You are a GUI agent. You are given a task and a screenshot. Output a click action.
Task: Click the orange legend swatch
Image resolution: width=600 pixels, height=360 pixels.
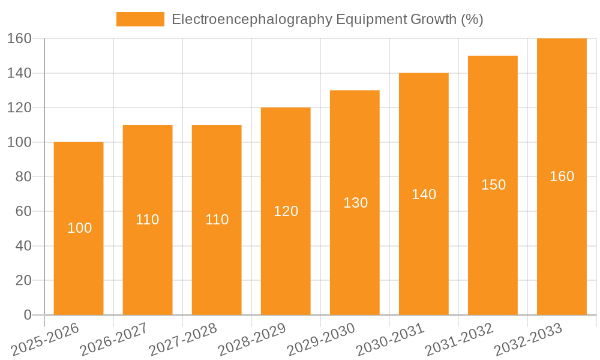click(x=140, y=19)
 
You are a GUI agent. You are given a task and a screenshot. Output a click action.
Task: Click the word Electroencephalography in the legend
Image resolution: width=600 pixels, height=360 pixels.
click(x=251, y=19)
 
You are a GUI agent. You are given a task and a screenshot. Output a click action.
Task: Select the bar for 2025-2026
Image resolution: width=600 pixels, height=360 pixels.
click(x=79, y=264)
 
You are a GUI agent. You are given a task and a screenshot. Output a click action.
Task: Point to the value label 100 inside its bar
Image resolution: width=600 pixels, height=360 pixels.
click(x=79, y=228)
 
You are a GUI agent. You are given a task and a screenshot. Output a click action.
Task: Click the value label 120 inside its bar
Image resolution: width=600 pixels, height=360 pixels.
click(x=286, y=211)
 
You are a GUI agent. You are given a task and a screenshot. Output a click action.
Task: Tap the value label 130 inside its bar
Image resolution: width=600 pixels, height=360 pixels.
click(x=355, y=203)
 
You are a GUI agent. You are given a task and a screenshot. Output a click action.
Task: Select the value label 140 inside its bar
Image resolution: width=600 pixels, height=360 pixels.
click(x=424, y=194)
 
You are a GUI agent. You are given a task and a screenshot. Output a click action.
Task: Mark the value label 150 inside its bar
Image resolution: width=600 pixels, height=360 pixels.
click(x=493, y=185)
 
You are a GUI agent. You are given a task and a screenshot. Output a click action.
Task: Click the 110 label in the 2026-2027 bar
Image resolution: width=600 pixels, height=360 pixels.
click(x=148, y=220)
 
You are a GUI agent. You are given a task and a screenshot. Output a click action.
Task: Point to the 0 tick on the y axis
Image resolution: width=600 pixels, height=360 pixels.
click(x=27, y=315)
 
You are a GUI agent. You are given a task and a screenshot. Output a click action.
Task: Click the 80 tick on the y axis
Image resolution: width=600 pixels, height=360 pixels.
click(x=23, y=177)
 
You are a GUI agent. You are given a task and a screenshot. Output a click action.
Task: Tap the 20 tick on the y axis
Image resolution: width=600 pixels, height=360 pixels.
click(x=23, y=280)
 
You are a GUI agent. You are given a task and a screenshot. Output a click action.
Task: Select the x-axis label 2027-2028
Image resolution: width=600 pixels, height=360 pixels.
click(x=183, y=340)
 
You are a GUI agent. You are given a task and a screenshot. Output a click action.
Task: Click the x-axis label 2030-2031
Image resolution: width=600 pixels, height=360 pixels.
click(x=390, y=340)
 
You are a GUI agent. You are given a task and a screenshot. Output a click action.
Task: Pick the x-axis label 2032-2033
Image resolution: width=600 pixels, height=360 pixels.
click(x=528, y=340)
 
